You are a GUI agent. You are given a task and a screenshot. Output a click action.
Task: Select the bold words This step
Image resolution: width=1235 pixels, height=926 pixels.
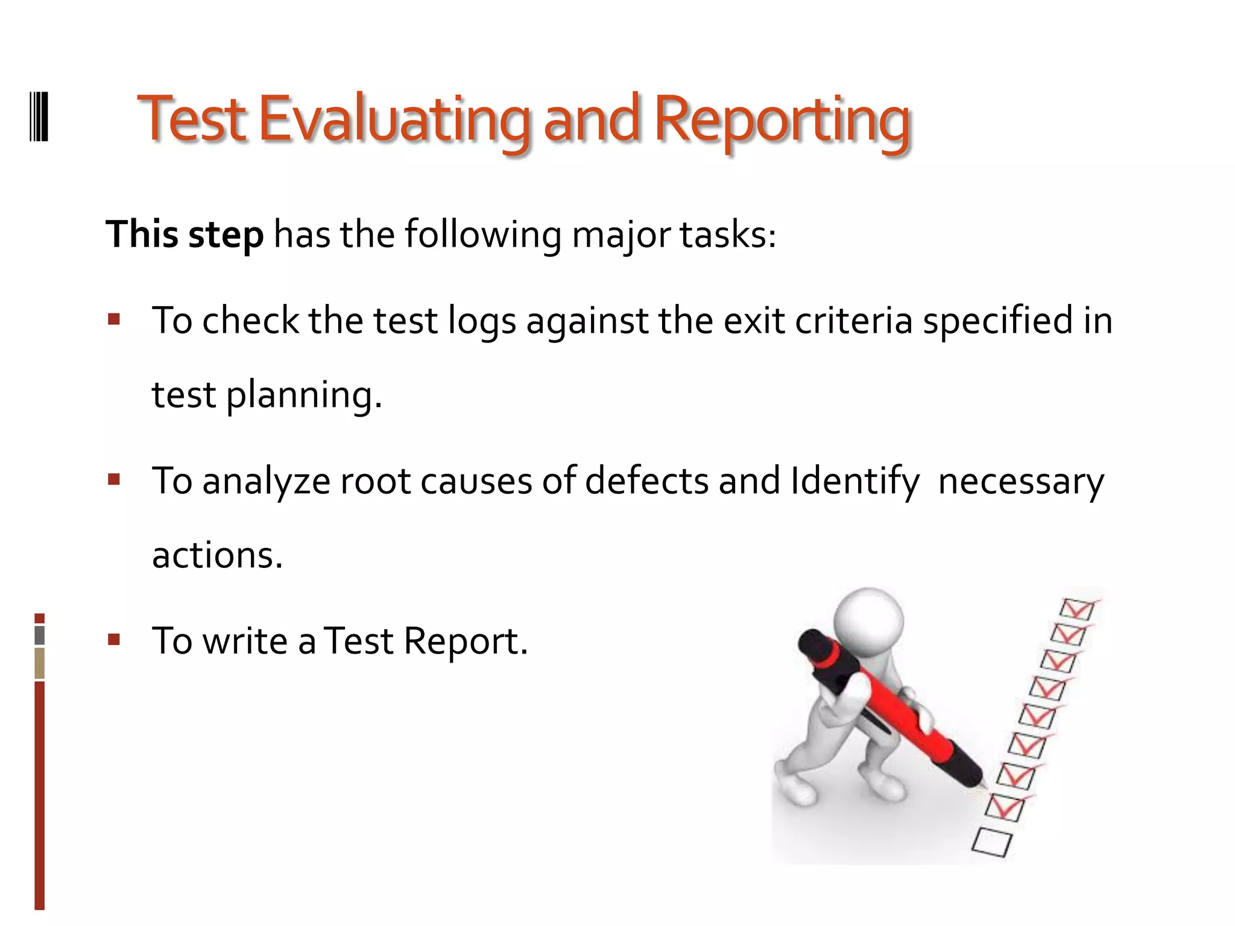tap(185, 235)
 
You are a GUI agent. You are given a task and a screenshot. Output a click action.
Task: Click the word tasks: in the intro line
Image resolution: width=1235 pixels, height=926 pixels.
tap(728, 235)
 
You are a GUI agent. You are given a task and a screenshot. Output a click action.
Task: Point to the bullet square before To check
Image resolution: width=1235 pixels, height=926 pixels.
tap(115, 319)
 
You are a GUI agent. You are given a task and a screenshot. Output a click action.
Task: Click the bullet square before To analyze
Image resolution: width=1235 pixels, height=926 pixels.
tap(115, 479)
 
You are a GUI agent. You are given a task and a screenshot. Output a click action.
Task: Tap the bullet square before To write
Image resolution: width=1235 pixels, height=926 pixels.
tap(115, 639)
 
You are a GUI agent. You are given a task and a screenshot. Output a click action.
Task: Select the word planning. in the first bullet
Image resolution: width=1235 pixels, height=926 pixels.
tap(304, 395)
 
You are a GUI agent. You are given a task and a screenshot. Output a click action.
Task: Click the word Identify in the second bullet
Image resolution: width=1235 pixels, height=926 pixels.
tap(855, 481)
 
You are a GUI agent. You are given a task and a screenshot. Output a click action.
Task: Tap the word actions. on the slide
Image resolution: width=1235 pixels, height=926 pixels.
tap(217, 555)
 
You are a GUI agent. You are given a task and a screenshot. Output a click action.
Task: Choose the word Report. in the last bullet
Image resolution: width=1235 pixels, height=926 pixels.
tap(466, 641)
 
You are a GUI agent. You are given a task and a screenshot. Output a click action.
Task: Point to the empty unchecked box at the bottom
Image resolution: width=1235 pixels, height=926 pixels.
tap(991, 842)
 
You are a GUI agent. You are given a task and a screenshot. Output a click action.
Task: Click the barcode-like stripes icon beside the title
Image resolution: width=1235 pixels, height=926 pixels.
tap(39, 116)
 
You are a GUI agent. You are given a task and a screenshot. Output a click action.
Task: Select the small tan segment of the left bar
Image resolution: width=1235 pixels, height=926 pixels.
tap(40, 663)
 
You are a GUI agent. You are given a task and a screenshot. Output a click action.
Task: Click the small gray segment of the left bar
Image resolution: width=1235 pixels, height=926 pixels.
tap(40, 635)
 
